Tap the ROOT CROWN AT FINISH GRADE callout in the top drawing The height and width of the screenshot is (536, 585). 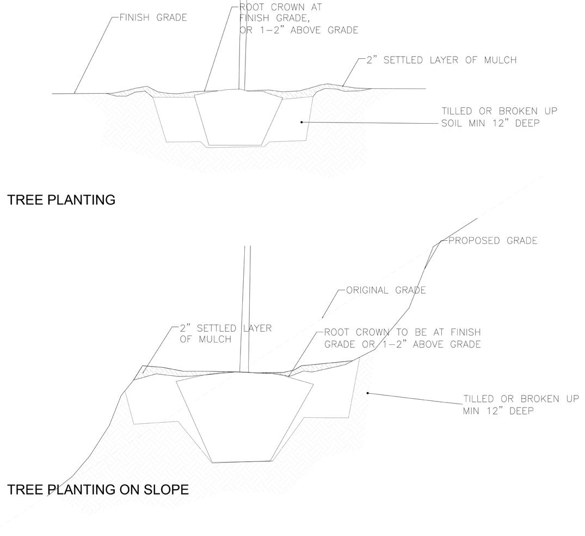(299, 19)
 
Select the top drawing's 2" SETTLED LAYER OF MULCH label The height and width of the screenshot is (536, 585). (441, 60)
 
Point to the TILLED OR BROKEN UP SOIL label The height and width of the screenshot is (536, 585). (499, 117)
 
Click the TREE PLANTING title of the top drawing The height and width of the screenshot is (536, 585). (61, 200)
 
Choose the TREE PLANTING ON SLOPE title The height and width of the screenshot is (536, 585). (98, 490)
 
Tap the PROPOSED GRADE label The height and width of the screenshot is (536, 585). (492, 240)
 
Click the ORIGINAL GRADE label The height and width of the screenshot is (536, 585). (386, 290)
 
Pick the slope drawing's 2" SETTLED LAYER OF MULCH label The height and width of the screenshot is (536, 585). (225, 333)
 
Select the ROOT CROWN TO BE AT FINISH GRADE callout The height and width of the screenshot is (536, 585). (402, 338)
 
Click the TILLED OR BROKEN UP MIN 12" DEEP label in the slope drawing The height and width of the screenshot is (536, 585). (521, 404)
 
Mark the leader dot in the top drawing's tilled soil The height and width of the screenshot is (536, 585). (301, 122)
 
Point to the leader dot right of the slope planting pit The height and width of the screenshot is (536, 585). (368, 393)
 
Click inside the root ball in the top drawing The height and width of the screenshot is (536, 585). (238, 117)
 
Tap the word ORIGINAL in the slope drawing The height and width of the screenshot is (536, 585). (367, 290)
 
